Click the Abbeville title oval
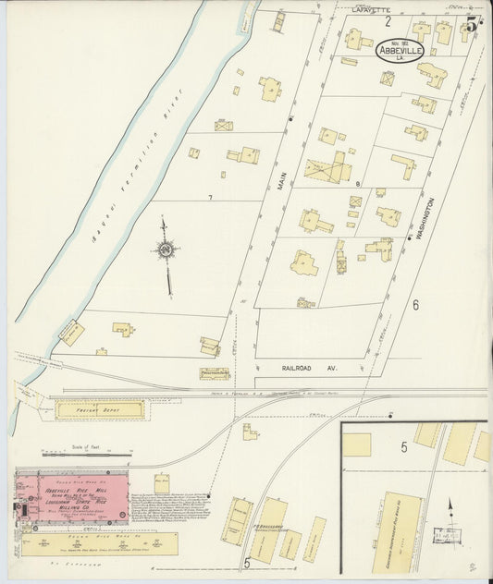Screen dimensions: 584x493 coord(400,49)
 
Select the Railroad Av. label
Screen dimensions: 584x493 coord(308,367)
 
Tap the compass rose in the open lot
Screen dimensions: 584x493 coord(166,249)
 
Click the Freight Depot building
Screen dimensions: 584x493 coord(99,408)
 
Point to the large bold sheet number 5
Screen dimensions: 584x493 coord(474,24)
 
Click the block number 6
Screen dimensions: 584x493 coord(416,305)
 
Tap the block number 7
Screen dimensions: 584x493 coord(210,198)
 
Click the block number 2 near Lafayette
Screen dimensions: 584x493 coord(388,20)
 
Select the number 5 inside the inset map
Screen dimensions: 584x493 coord(404,447)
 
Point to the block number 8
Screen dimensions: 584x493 coord(358,185)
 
